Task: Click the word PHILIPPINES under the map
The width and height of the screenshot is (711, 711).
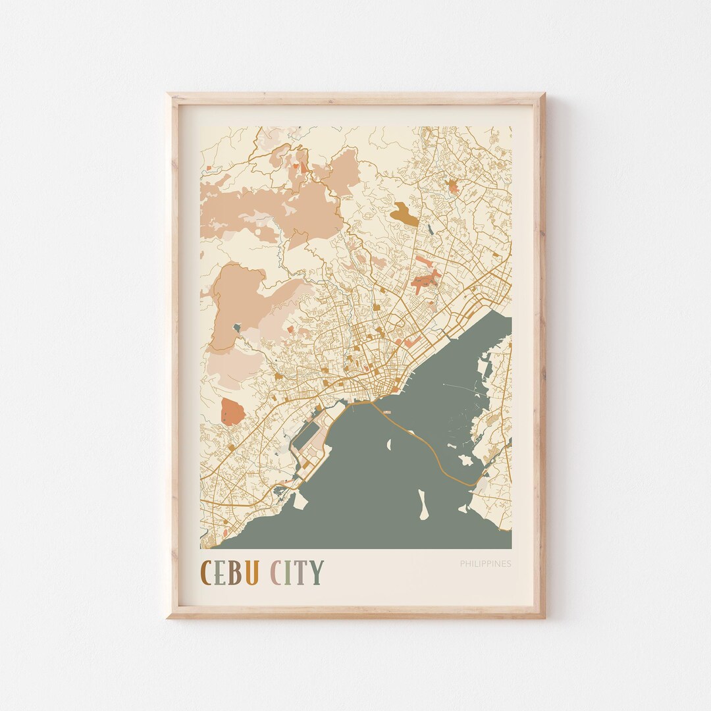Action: [x=485, y=564]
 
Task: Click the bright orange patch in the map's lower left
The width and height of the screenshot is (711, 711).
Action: [x=232, y=411]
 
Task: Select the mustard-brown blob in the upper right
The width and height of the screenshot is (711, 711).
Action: [x=404, y=214]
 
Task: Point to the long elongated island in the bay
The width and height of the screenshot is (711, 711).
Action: [x=423, y=504]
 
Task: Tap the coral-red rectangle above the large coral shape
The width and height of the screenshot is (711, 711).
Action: [x=422, y=261]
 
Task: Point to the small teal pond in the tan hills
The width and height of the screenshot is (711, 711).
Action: [x=236, y=327]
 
